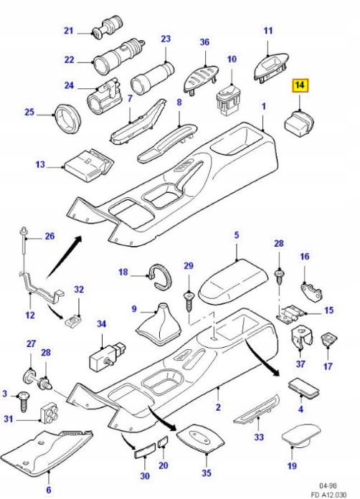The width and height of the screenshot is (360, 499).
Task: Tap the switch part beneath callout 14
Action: click(x=297, y=122)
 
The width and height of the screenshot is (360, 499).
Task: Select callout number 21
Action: click(x=69, y=31)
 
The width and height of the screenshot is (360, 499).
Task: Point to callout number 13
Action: click(x=39, y=165)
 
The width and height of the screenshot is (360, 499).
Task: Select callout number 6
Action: click(x=48, y=489)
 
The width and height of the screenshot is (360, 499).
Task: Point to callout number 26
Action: click(x=49, y=236)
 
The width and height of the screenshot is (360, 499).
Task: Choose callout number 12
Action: click(x=29, y=314)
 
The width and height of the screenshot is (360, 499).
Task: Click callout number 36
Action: click(x=205, y=43)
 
